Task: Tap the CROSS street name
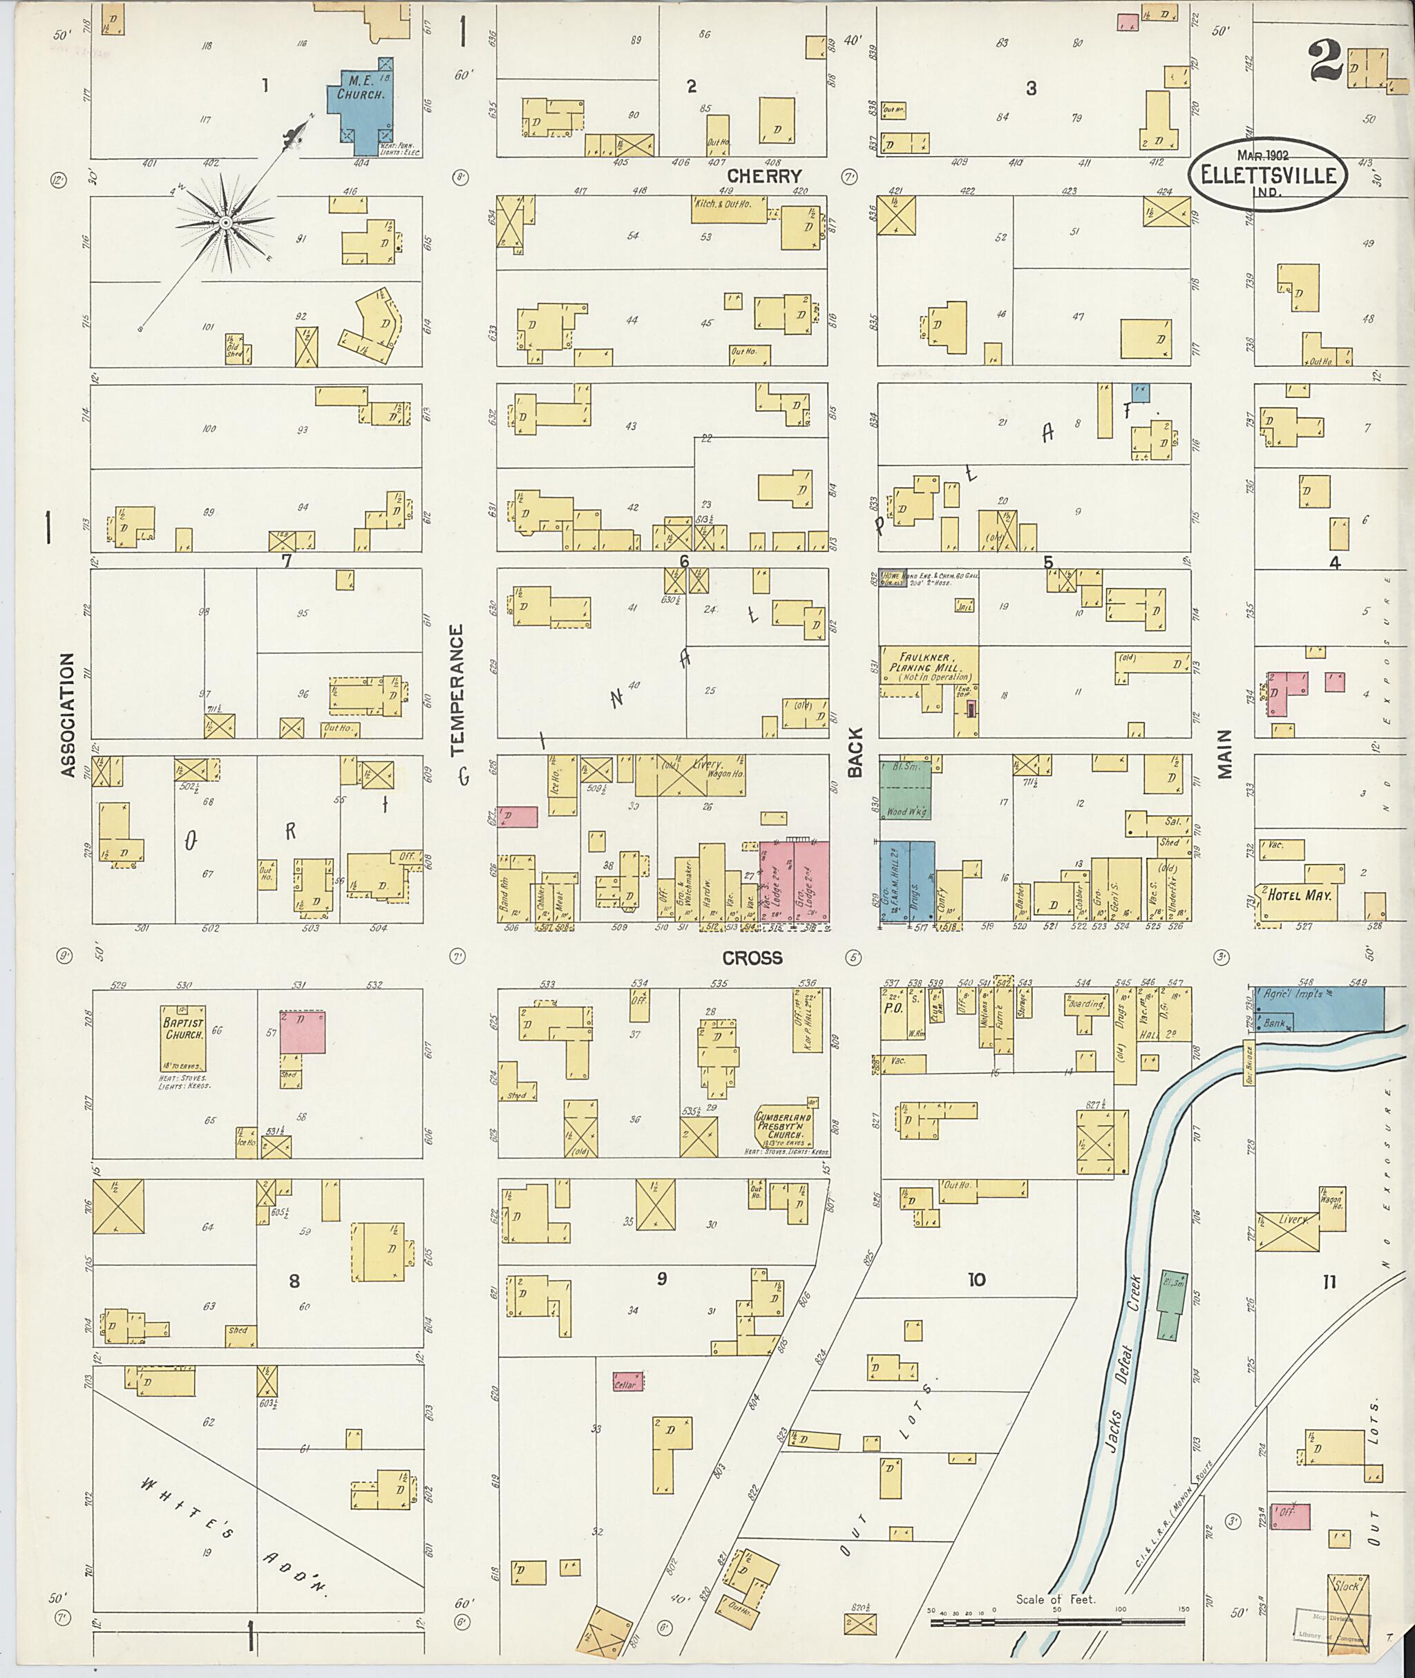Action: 752,957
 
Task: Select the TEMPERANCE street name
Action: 457,691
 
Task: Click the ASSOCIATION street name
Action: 68,714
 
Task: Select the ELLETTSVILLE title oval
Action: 1267,175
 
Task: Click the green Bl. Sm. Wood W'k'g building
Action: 906,790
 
